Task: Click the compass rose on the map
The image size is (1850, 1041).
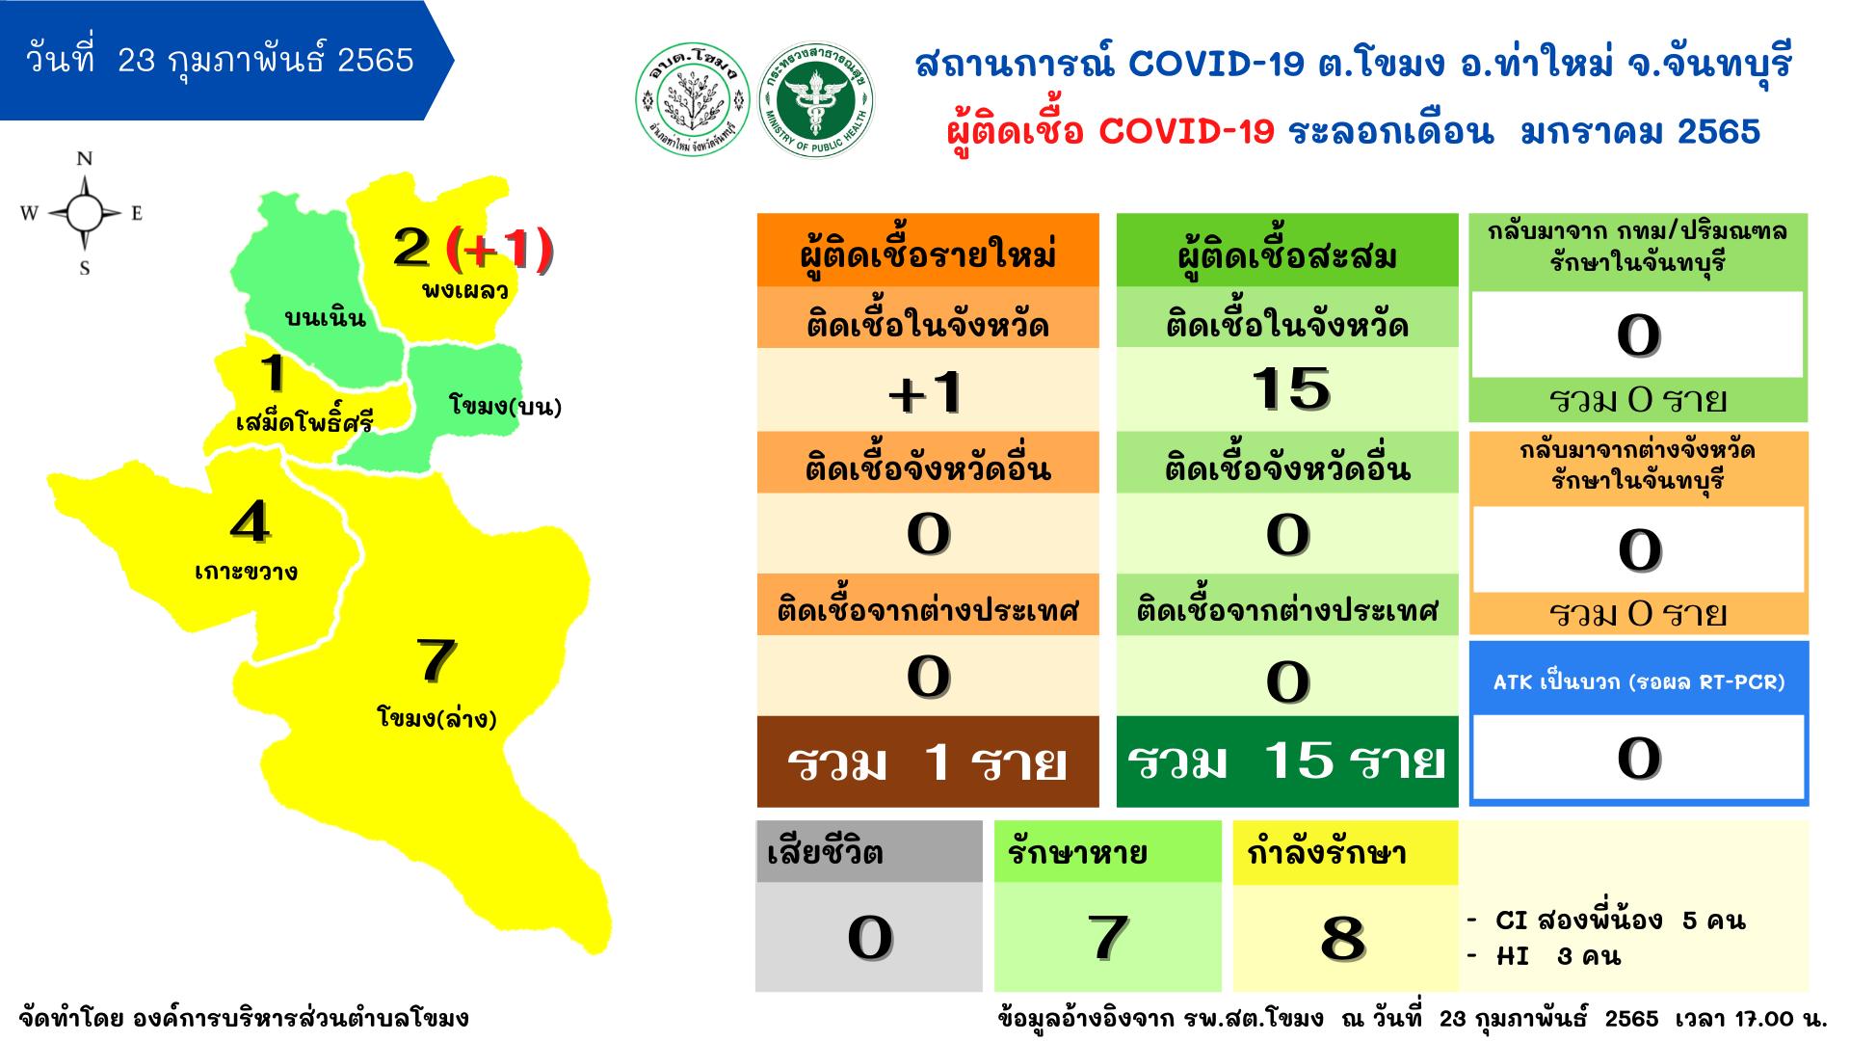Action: click(x=84, y=213)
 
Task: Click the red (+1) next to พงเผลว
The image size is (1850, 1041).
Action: click(x=500, y=248)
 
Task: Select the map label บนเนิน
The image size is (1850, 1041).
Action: click(x=325, y=317)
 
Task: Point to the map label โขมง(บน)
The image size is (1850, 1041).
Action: click(x=505, y=406)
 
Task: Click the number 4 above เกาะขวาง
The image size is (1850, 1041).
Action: click(x=250, y=522)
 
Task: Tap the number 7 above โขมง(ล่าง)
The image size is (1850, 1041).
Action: click(x=435, y=660)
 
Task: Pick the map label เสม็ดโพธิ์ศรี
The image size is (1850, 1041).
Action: click(x=304, y=422)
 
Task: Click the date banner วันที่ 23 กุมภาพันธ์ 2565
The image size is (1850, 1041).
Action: click(x=227, y=61)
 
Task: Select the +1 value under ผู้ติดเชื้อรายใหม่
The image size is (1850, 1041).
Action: click(x=927, y=391)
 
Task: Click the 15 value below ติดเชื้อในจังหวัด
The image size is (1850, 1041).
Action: click(x=1289, y=388)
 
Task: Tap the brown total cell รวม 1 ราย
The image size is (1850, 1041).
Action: click(x=928, y=761)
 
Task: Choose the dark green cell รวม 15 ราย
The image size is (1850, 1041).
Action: click(x=1287, y=761)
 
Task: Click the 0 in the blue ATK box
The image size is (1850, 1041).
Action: click(x=1638, y=758)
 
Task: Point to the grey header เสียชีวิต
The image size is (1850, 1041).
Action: click(x=869, y=852)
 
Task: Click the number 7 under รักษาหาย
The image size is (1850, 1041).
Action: click(x=1107, y=937)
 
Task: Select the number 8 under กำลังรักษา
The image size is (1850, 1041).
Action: click(x=1343, y=937)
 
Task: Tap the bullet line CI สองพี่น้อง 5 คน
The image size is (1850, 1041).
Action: click(x=1606, y=921)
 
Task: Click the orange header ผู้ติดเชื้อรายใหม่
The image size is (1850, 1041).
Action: click(x=928, y=252)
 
